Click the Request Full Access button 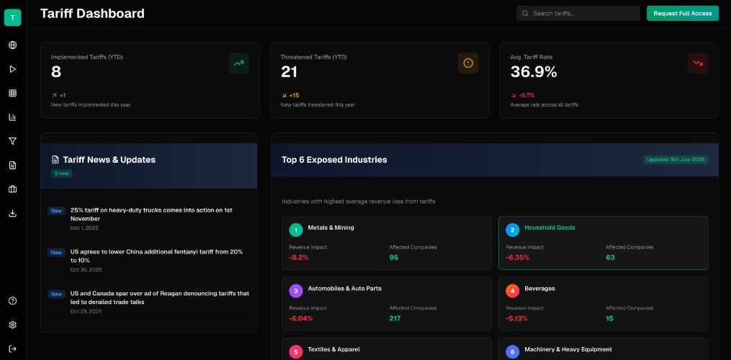(x=682, y=13)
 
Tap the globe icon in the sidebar (x=12, y=45)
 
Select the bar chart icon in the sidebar (x=12, y=117)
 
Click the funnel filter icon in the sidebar (x=12, y=141)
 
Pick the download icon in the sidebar (x=12, y=213)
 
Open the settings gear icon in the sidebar (x=12, y=325)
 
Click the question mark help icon (x=12, y=301)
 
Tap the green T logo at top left (x=12, y=17)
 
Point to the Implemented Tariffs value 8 (x=56, y=72)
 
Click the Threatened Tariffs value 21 (x=289, y=72)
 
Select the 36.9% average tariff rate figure (x=534, y=72)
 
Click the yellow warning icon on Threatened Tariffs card (x=467, y=63)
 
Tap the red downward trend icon (x=697, y=63)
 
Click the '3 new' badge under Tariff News (x=61, y=174)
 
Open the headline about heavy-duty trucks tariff (x=151, y=214)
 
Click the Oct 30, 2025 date (x=84, y=269)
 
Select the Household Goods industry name (x=550, y=228)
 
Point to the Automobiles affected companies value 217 (x=395, y=318)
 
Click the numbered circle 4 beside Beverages (x=512, y=291)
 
